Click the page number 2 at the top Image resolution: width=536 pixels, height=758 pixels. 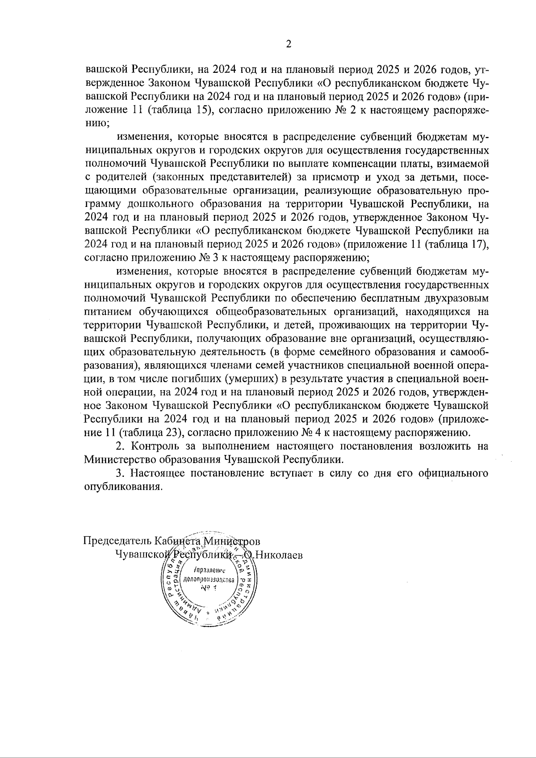point(288,44)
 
